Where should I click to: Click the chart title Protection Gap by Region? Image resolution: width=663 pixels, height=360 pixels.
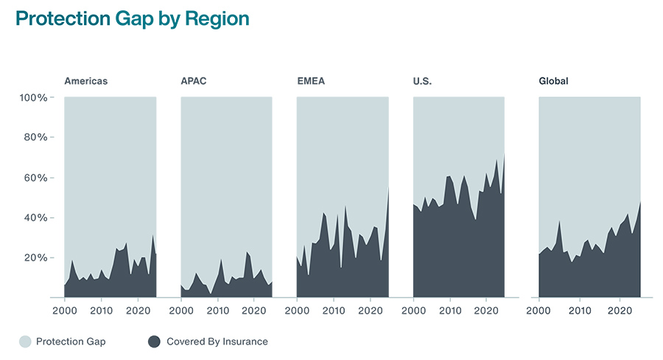(x=133, y=19)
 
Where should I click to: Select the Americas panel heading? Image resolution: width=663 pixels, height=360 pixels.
(x=85, y=81)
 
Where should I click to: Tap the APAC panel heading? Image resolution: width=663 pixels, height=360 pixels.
(x=194, y=81)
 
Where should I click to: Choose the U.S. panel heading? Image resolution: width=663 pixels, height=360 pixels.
(x=422, y=81)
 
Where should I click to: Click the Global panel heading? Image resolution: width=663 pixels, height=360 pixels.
(x=554, y=81)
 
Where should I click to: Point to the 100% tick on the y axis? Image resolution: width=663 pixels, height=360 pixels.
(x=33, y=98)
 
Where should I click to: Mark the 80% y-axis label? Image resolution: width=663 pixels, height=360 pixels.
(x=34, y=138)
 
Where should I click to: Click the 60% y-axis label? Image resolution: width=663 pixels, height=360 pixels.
(x=34, y=178)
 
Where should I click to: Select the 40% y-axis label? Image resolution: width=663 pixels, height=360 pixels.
(x=34, y=218)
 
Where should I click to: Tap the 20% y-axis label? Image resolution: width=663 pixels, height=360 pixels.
(x=34, y=258)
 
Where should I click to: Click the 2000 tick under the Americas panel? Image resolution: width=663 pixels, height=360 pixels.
(x=65, y=311)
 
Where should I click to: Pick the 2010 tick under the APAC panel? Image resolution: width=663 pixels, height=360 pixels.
(x=217, y=311)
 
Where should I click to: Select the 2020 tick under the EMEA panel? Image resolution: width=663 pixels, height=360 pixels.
(x=371, y=311)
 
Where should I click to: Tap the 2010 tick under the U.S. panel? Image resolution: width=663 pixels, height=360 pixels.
(x=449, y=311)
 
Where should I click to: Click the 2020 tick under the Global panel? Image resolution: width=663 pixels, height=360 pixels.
(x=620, y=311)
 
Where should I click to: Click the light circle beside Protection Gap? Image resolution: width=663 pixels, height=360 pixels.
(x=26, y=342)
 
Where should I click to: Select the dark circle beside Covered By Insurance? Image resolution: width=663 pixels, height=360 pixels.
(x=154, y=342)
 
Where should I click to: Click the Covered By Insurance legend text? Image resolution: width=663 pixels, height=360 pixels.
(x=217, y=342)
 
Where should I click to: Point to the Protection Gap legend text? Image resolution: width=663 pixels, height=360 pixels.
(x=71, y=342)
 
